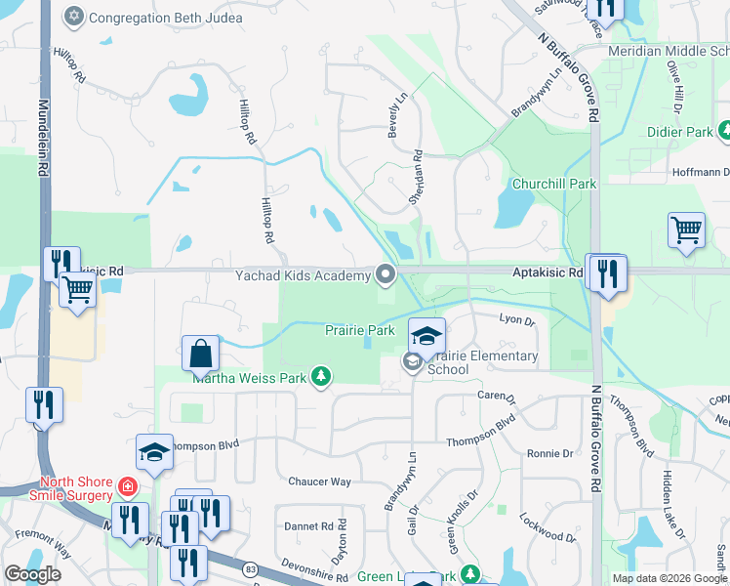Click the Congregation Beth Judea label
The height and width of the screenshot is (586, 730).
tap(151, 17)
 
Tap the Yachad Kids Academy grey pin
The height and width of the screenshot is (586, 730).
tap(386, 275)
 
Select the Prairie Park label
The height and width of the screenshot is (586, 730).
tap(359, 330)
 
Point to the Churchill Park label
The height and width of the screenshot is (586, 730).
tap(554, 183)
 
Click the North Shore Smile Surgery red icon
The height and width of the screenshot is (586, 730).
tap(127, 485)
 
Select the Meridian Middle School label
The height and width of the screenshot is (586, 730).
tap(668, 51)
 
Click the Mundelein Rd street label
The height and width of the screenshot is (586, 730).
tap(43, 137)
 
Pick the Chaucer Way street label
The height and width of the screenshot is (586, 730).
tap(319, 481)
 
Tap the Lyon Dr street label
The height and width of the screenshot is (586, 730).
tap(517, 319)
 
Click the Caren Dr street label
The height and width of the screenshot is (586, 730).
tap(496, 397)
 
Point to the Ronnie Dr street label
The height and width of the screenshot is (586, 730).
tap(549, 453)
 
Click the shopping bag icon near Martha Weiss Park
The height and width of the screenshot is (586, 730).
tap(200, 353)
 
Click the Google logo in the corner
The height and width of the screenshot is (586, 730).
tap(32, 574)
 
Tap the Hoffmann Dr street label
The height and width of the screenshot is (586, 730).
tap(701, 172)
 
